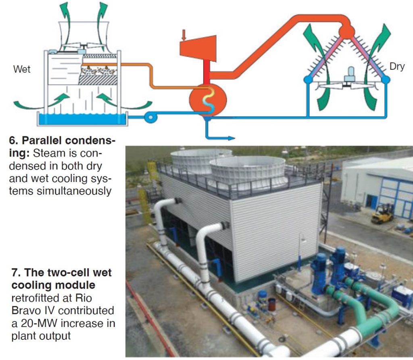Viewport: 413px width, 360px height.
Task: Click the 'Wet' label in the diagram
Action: [22, 69]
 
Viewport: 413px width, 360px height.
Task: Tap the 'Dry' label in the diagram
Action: [397, 67]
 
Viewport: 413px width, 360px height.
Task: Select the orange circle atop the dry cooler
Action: [346, 31]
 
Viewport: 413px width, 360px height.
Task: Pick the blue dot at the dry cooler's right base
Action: [386, 80]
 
